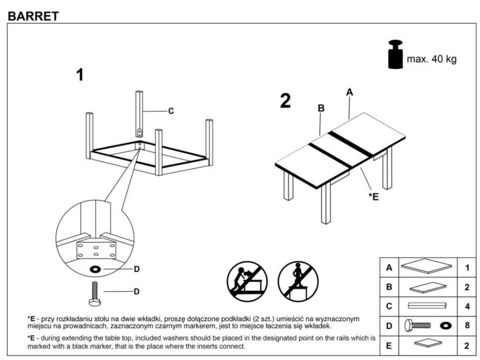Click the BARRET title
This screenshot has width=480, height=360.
(x=33, y=16)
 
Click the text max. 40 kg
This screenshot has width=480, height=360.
(x=432, y=59)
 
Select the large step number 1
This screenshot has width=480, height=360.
(x=80, y=75)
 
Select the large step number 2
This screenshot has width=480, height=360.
(x=285, y=101)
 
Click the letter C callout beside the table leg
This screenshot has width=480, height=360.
(x=171, y=111)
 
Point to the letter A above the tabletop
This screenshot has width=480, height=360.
(x=350, y=92)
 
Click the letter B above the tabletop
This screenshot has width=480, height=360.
(x=321, y=108)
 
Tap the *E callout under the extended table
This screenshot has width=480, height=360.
(x=374, y=196)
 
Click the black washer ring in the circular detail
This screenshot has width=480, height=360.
(x=95, y=270)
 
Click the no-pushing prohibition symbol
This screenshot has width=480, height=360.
(x=247, y=281)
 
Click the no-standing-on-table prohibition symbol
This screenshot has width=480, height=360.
(x=298, y=281)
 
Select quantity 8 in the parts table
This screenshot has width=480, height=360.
(x=467, y=325)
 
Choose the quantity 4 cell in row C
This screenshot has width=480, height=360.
(x=467, y=306)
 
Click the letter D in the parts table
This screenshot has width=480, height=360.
(x=389, y=326)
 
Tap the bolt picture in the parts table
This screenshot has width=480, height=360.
(x=418, y=326)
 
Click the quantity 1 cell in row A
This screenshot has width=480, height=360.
(x=467, y=268)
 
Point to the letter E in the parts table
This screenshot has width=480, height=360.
(x=389, y=346)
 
